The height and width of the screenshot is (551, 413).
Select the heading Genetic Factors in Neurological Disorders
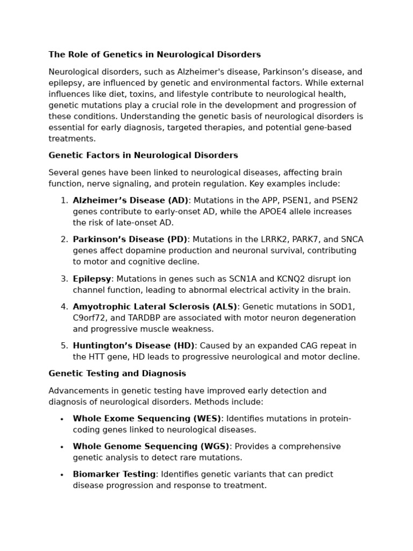pos(143,156)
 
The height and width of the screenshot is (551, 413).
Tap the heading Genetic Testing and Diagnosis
pos(117,373)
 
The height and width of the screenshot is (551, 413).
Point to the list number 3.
pos(64,279)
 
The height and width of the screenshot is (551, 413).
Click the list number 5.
pos(64,345)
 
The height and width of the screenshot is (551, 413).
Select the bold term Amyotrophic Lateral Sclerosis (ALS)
pos(155,307)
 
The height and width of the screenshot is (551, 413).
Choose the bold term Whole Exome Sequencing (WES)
pos(147,419)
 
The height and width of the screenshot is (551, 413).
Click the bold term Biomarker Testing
pos(114,474)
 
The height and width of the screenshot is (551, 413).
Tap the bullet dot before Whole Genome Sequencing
pos(62,447)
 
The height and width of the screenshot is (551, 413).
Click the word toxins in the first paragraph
pos(155,94)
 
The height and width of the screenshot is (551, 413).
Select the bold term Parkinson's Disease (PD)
pos(130,239)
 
